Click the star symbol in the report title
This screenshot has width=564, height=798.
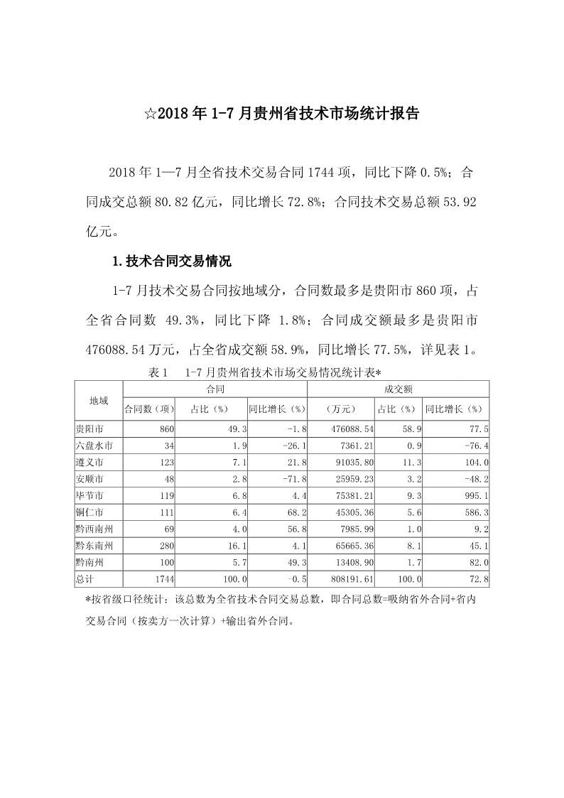click(150, 113)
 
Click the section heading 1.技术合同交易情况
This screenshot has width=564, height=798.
click(173, 261)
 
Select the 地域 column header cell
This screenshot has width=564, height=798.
click(99, 401)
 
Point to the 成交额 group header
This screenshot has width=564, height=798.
click(398, 389)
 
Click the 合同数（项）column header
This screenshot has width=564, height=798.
click(149, 409)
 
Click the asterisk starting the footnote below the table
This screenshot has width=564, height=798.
click(87, 600)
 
